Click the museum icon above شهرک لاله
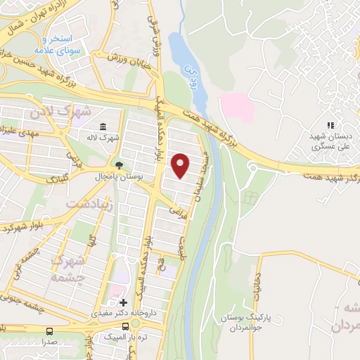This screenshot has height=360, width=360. (x=103, y=127)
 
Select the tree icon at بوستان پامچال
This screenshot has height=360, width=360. (x=119, y=166)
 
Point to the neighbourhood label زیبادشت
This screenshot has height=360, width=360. (x=88, y=202)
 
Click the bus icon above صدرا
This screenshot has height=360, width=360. (x=49, y=330)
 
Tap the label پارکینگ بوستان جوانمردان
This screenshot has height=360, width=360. (x=238, y=321)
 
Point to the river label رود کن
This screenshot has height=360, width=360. (x=188, y=70)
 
